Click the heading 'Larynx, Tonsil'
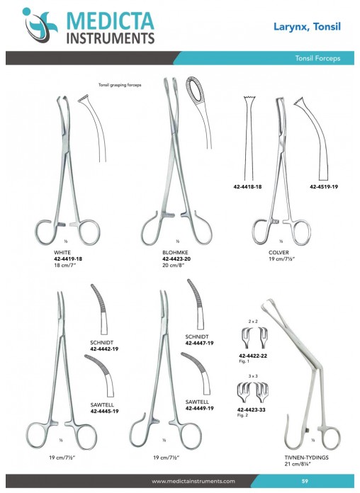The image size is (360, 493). (x=307, y=26)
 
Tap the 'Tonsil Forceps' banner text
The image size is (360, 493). (x=317, y=58)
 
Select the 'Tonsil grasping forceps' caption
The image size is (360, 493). (x=120, y=85)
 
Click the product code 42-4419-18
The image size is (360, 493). (x=68, y=259)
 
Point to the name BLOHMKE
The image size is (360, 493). (x=175, y=252)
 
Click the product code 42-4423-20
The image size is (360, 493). (x=176, y=259)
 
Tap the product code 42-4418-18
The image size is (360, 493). (x=247, y=186)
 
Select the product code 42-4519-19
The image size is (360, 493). (x=324, y=186)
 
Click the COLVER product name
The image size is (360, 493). (x=279, y=252)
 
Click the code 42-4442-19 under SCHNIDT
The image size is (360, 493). (x=104, y=348)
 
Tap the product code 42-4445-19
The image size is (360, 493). (x=104, y=411)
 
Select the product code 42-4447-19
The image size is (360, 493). (x=200, y=343)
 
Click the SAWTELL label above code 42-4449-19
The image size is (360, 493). (x=197, y=402)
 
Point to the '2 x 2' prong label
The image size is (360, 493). (x=253, y=322)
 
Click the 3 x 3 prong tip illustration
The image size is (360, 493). (x=253, y=392)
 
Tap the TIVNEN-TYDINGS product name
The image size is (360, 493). (x=307, y=458)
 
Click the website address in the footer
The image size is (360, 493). (x=193, y=481)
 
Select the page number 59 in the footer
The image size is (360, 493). (x=305, y=481)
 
